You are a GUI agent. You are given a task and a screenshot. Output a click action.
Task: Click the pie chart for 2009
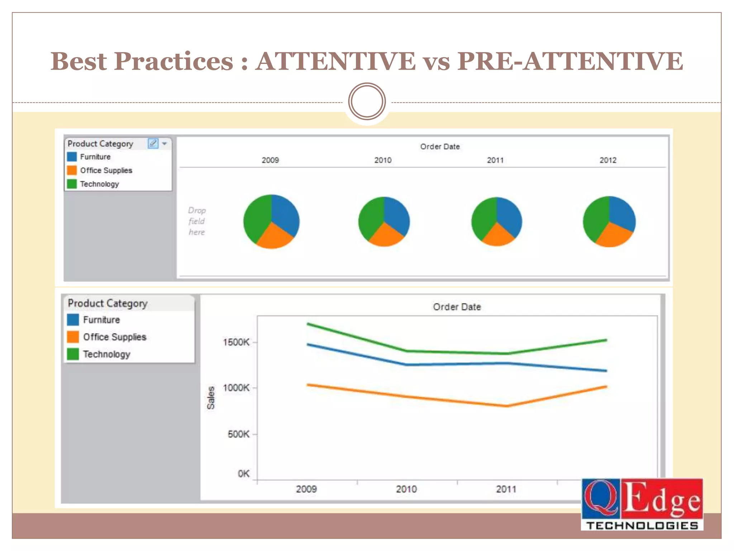[x=271, y=221]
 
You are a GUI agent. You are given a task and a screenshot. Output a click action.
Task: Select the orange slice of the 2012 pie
[x=614, y=235]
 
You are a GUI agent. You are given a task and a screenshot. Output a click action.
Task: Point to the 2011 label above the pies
[x=495, y=160]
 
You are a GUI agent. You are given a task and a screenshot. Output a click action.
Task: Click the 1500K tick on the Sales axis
[x=236, y=342]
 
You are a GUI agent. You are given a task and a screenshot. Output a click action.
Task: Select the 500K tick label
[x=238, y=434]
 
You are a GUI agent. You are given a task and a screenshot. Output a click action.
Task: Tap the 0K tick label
[x=243, y=474]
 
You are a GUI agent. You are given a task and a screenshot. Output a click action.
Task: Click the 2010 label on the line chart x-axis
[x=406, y=489]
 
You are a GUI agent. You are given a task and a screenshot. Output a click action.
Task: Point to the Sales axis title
[x=211, y=397]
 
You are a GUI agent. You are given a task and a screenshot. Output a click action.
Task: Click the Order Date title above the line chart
[x=457, y=307]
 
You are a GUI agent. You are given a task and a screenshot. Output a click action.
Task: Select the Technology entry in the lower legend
[x=106, y=354]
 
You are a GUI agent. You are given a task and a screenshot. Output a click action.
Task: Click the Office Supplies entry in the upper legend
[x=106, y=170]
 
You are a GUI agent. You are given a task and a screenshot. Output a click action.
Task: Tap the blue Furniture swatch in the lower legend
[x=73, y=320]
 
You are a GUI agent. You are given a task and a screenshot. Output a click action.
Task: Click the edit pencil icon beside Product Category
[x=153, y=143]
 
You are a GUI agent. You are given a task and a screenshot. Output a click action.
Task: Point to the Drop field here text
[x=197, y=221]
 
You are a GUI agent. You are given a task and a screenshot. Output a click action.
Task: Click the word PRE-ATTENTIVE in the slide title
[x=570, y=61]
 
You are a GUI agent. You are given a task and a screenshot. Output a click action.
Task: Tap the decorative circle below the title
[x=367, y=102]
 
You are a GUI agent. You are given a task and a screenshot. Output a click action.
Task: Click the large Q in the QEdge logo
[x=601, y=499]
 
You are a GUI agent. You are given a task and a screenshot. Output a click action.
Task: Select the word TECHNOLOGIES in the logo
[x=642, y=526]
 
